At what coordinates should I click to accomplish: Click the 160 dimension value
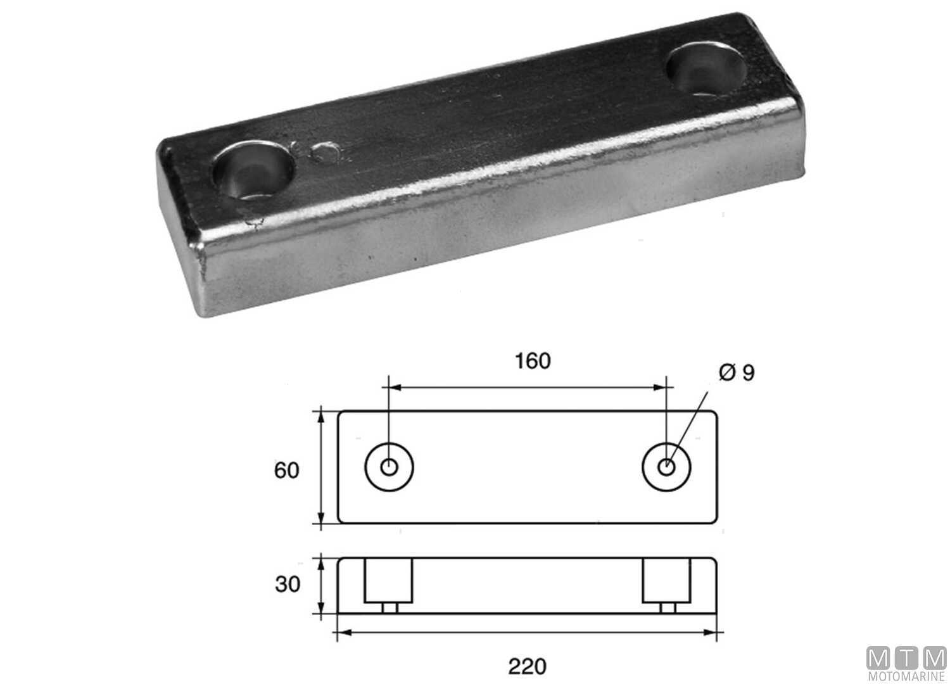(x=533, y=360)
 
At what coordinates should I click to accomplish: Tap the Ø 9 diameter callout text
(x=737, y=373)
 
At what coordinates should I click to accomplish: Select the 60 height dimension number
(x=286, y=471)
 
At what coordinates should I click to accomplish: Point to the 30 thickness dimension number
(x=288, y=584)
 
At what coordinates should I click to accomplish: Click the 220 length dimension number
(x=527, y=666)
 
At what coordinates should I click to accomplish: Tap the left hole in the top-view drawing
(x=389, y=467)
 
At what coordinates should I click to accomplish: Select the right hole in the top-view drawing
(x=666, y=467)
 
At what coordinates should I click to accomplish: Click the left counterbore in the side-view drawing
(x=388, y=581)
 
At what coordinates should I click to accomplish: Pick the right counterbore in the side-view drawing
(x=667, y=581)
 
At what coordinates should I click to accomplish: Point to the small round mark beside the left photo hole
(x=327, y=153)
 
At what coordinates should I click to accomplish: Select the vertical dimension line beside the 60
(x=322, y=469)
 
